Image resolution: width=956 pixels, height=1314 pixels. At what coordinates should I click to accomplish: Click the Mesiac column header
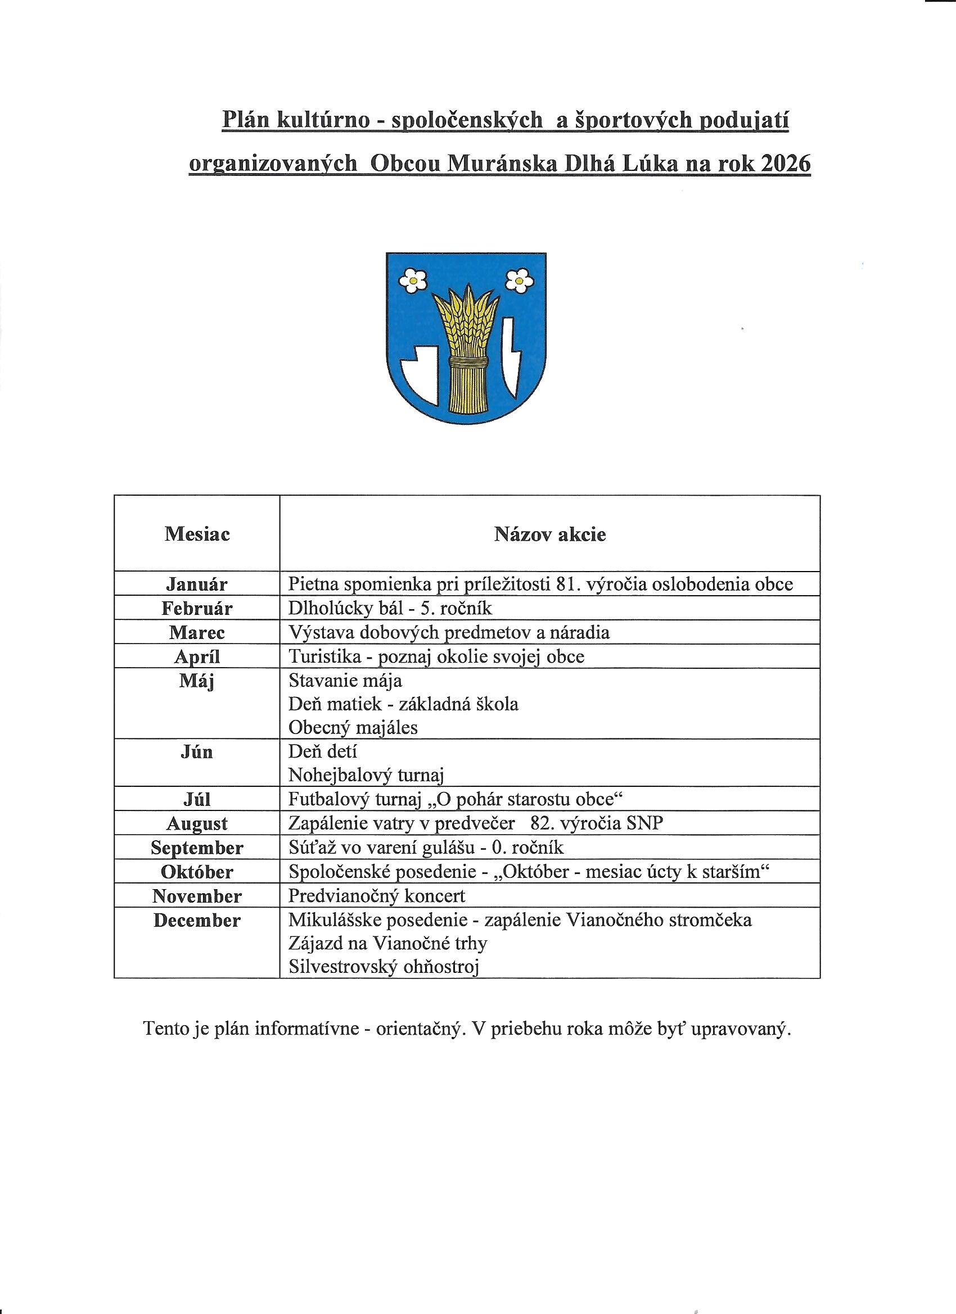[x=197, y=533]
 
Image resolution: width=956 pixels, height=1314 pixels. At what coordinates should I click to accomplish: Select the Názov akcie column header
[x=549, y=533]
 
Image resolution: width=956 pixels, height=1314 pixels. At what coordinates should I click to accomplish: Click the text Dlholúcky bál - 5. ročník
[x=390, y=608]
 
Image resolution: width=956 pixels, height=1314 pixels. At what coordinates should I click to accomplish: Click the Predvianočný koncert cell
[x=377, y=896]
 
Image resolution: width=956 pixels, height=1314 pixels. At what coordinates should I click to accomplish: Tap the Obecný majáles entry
[x=353, y=727]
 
